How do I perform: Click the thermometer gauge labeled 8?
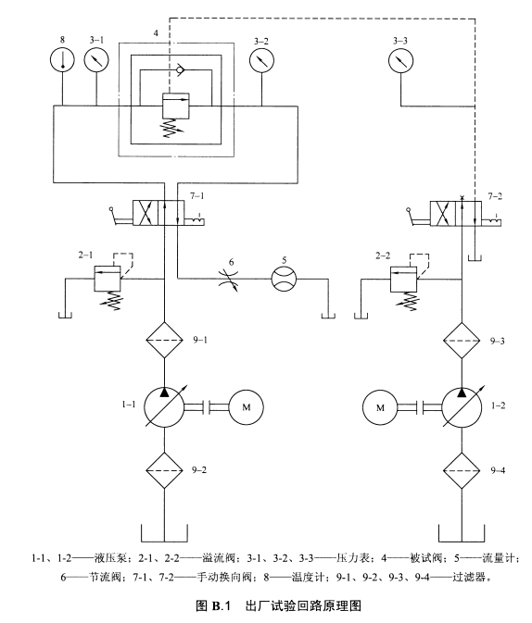tap(62, 59)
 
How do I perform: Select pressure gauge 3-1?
tap(96, 59)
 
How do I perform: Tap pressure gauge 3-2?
tap(261, 60)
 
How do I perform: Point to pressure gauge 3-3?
tap(400, 61)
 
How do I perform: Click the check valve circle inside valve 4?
tap(180, 70)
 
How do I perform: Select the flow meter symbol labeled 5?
tap(285, 279)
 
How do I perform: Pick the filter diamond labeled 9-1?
tap(164, 340)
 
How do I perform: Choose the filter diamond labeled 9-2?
tap(164, 470)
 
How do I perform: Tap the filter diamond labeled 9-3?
tap(462, 341)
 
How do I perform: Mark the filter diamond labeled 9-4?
tap(462, 471)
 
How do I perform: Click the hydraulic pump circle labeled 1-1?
tap(164, 407)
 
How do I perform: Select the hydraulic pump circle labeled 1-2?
tap(462, 407)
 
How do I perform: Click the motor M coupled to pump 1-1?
tap(246, 407)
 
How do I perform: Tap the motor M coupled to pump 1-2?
tap(380, 407)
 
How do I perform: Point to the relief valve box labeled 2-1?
tap(108, 279)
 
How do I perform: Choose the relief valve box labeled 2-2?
tap(404, 279)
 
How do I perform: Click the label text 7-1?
tap(197, 196)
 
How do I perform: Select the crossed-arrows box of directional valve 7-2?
tap(443, 213)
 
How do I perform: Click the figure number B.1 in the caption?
tap(222, 606)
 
